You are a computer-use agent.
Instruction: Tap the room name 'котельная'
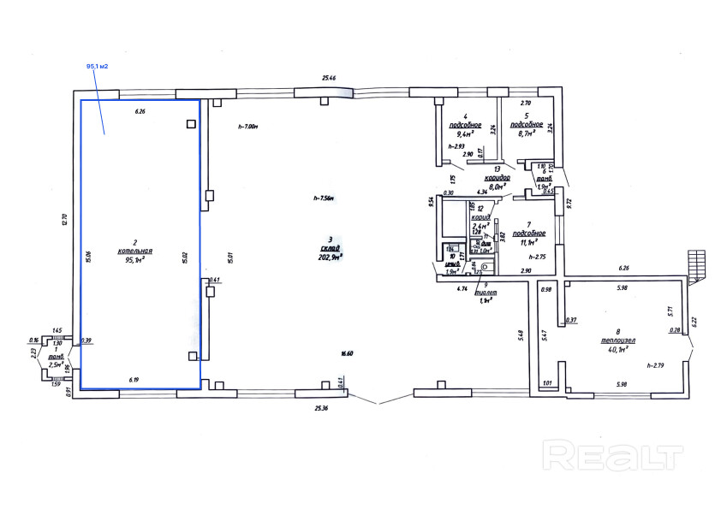[x=134, y=251]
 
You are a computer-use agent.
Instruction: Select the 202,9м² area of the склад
[x=330, y=256]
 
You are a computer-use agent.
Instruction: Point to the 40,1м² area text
[x=618, y=349]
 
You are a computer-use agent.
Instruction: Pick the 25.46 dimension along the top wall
[x=328, y=78]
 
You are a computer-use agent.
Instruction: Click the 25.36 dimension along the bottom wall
[x=322, y=407]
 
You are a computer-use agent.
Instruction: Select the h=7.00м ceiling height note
[x=247, y=126]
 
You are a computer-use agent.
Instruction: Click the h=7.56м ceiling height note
[x=323, y=198]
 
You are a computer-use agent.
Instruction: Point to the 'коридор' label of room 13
[x=498, y=177]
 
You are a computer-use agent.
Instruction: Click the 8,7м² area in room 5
[x=522, y=133]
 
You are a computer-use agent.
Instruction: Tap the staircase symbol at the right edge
[x=700, y=263]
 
